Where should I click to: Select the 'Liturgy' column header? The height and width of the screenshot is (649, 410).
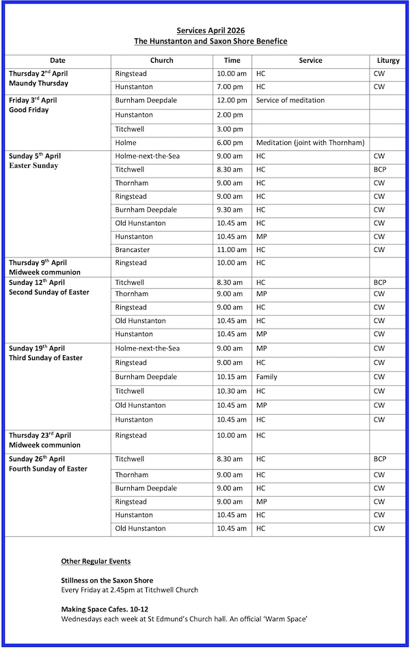[x=388, y=60]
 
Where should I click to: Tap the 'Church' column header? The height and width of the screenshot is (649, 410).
[x=162, y=60]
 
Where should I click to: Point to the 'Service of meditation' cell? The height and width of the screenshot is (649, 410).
[x=290, y=100]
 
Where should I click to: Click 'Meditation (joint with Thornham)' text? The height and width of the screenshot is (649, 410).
[x=310, y=143]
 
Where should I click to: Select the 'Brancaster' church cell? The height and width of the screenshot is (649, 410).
[x=133, y=250]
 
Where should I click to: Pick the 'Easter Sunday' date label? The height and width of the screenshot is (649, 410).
[x=33, y=165]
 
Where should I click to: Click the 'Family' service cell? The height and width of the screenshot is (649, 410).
[x=266, y=377]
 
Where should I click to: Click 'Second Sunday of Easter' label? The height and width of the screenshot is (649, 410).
[x=49, y=292]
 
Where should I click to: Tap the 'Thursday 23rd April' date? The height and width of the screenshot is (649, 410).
[x=40, y=435]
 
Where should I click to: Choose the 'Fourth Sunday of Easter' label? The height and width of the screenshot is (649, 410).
[x=48, y=469]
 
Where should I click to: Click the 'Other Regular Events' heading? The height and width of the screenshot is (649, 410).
[x=96, y=562]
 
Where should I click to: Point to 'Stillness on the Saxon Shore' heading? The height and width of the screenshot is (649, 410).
[x=107, y=581]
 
